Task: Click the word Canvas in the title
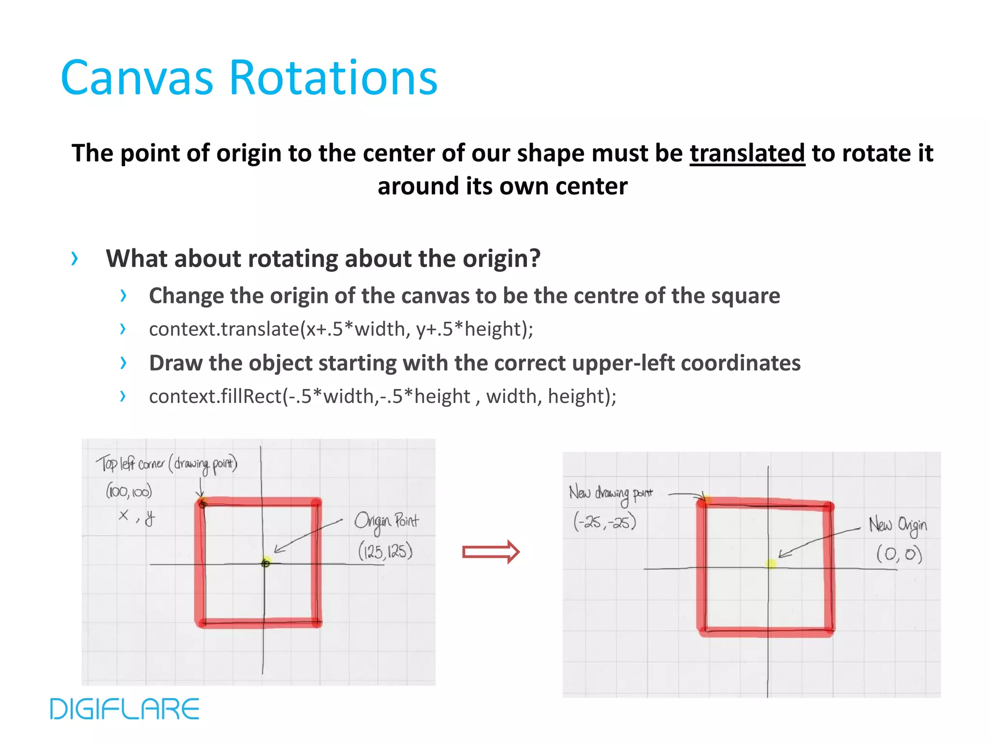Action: pos(137,78)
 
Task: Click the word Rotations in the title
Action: pos(333,78)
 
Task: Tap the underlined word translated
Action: pos(747,154)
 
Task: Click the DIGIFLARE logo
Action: pos(125,709)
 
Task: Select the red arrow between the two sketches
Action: pos(491,552)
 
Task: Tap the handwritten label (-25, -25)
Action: pos(604,522)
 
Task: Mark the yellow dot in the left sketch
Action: pos(266,562)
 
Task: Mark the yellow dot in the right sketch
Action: pos(771,564)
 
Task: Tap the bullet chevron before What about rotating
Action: pos(74,258)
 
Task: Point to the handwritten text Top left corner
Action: pos(131,464)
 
